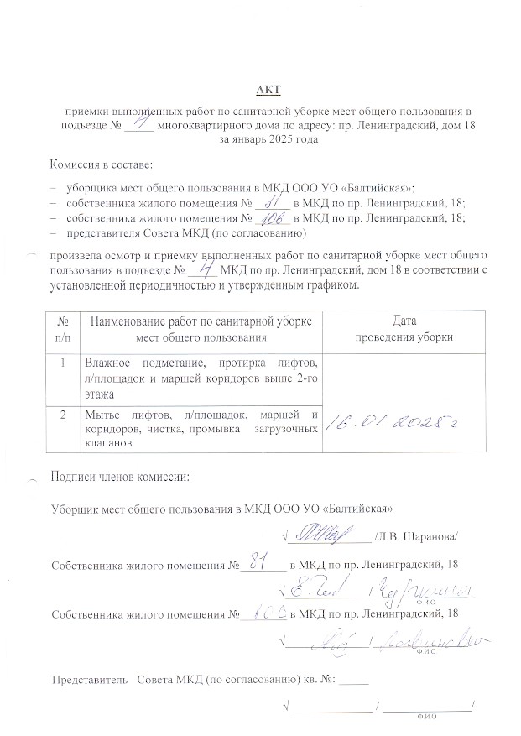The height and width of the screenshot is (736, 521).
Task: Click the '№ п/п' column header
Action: (63, 329)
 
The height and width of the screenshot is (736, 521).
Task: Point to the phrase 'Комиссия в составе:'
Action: (101, 165)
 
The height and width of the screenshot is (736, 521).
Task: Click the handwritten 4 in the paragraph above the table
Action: (201, 270)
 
